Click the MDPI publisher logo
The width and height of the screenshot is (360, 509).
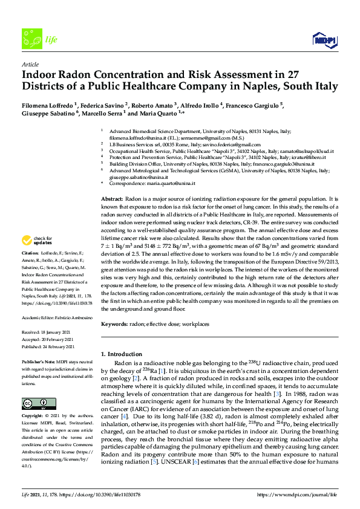pyautogui.click(x=325, y=40)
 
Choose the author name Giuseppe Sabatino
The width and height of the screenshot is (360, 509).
pyautogui.click(x=49, y=113)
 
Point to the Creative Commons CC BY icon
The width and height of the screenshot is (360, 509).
pyautogui.click(x=34, y=403)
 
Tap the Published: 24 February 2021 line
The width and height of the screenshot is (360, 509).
pyautogui.click(x=48, y=347)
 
